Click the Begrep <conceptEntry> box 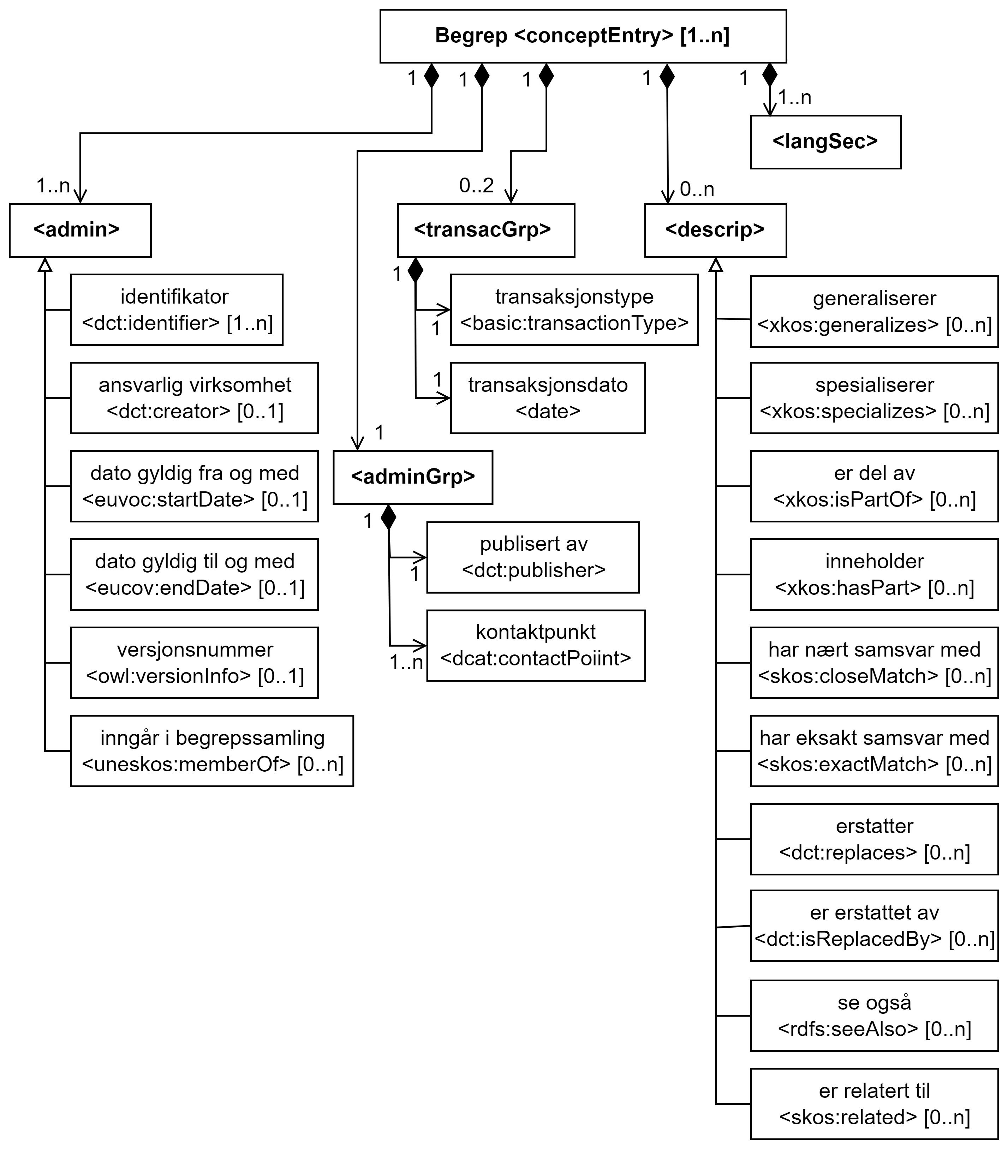[x=583, y=36]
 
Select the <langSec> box [x=825, y=142]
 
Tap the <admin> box [x=80, y=230]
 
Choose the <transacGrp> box [x=486, y=230]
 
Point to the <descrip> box [x=715, y=230]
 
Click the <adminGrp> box [x=413, y=477]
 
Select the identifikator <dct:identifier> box [x=177, y=310]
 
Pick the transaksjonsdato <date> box [x=548, y=398]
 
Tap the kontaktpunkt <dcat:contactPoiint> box [x=536, y=645]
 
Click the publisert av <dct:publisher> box [x=533, y=557]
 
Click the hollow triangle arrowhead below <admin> [x=45, y=265]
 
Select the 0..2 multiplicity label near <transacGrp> [x=476, y=186]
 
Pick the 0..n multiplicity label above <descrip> [x=697, y=190]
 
